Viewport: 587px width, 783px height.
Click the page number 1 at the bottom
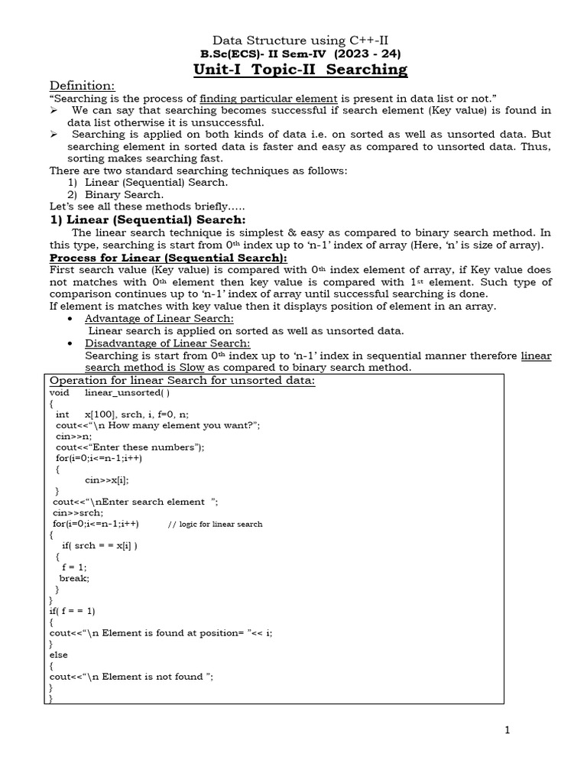(x=506, y=730)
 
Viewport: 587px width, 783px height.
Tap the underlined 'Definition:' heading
(x=82, y=85)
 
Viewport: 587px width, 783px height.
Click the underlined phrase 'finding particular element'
(x=268, y=99)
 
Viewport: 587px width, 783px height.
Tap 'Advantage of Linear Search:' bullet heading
(x=159, y=318)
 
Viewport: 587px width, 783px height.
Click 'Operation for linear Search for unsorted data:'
(x=182, y=381)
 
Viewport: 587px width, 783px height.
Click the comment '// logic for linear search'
(x=215, y=524)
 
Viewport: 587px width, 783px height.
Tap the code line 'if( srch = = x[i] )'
(x=100, y=545)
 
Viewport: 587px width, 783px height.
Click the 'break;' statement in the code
(x=74, y=578)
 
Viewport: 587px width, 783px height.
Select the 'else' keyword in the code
(x=59, y=655)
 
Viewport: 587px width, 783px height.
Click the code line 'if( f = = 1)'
(x=73, y=611)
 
